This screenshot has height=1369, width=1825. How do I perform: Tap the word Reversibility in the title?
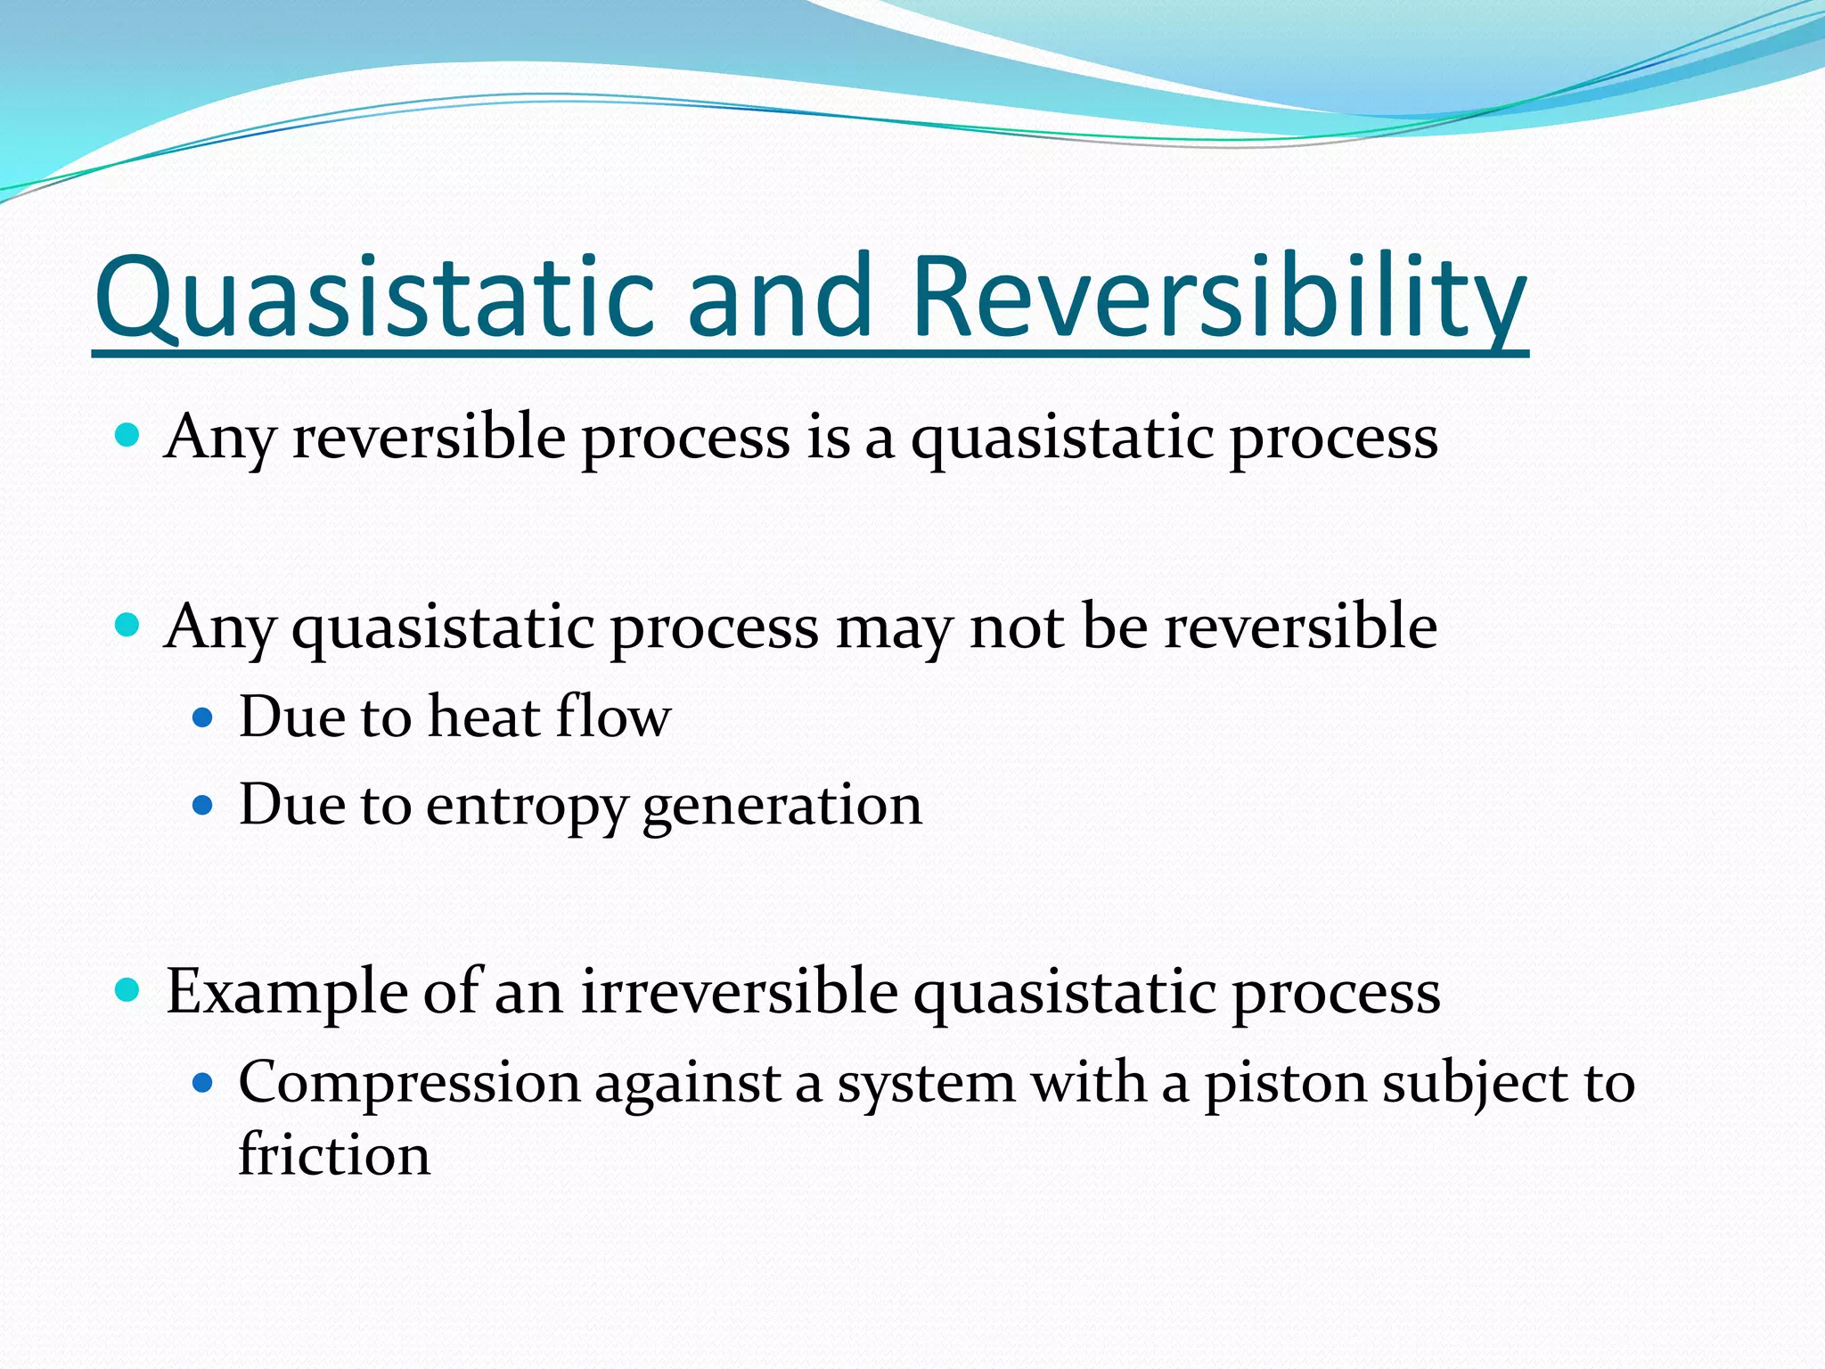point(1218,298)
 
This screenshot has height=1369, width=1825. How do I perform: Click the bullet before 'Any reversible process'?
point(128,436)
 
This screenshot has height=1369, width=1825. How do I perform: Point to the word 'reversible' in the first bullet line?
point(428,438)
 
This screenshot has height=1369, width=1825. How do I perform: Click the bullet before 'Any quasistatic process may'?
point(128,624)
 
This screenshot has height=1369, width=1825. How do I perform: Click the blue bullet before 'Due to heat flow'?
point(203,717)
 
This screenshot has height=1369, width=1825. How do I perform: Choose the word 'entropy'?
point(526,807)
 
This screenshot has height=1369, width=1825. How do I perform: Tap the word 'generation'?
point(782,807)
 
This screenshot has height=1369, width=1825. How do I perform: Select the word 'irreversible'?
point(739,991)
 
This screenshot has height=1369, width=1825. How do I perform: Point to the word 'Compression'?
point(409,1085)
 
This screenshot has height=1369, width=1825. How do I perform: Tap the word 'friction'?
point(334,1155)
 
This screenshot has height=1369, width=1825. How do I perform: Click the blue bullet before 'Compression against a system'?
point(203,1084)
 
